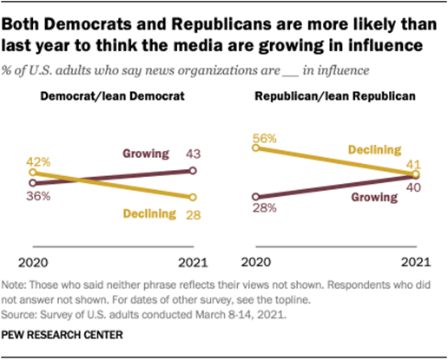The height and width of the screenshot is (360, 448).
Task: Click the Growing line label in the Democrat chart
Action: coord(144,154)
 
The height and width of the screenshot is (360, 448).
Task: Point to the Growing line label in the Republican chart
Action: coord(373,197)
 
